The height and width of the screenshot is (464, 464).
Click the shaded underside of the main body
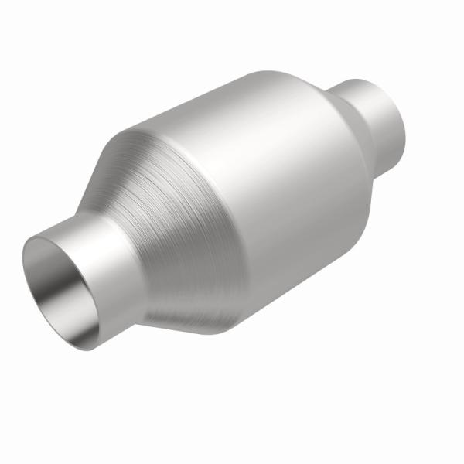click(x=294, y=278)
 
